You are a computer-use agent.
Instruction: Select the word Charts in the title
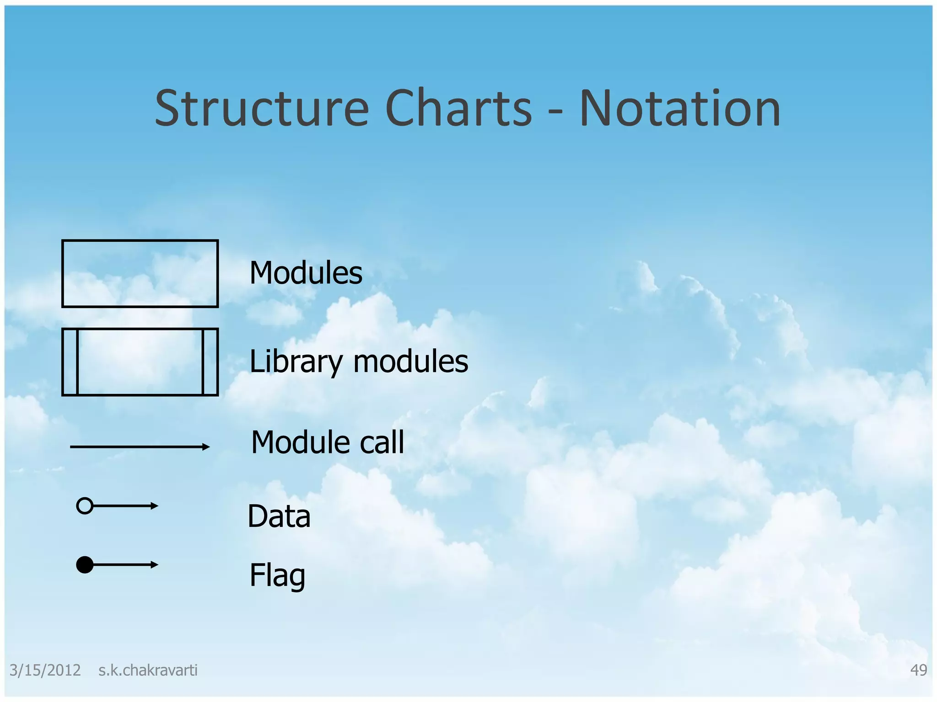458,109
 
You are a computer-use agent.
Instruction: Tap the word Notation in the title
680,109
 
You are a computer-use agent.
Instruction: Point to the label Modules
306,273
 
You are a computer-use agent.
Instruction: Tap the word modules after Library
411,361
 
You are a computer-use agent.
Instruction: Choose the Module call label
328,442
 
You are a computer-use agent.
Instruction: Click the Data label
279,516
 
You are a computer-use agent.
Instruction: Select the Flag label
277,576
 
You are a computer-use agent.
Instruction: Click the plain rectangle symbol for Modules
140,273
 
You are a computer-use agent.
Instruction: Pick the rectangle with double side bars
140,362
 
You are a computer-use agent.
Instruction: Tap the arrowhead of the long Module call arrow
206,447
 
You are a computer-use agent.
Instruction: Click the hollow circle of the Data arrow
85,506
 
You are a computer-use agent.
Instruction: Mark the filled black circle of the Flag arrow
85,565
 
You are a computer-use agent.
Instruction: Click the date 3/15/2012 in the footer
45,670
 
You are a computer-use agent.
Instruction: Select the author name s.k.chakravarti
148,670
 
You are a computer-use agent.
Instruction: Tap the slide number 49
918,670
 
